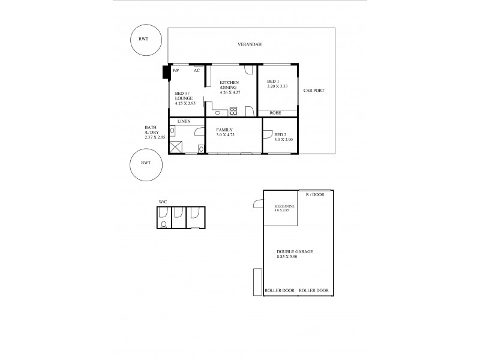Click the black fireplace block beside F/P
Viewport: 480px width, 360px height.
pos(166,72)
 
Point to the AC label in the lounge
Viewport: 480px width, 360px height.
pos(196,71)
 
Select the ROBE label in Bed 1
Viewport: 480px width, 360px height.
pos(275,112)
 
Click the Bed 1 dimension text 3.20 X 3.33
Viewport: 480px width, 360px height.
pos(278,86)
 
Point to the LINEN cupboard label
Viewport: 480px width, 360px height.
pos(184,121)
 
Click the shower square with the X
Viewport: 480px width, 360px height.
pos(176,146)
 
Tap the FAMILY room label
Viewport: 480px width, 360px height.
pos(225,130)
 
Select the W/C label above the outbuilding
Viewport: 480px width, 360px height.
pos(163,202)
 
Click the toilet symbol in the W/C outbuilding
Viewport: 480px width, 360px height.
pos(164,224)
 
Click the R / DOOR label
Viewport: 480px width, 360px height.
pos(315,195)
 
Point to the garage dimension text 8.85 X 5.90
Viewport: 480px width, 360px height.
pos(290,257)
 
